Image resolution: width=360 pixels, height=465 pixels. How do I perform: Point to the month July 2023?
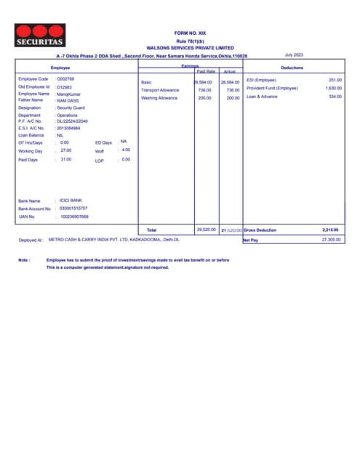pyautogui.click(x=294, y=54)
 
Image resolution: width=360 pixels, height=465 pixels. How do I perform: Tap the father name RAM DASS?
pyautogui.click(x=69, y=100)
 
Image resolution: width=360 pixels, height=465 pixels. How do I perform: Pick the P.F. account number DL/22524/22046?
pyautogui.click(x=73, y=121)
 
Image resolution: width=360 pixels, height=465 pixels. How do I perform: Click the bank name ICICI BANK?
pyautogui.click(x=72, y=200)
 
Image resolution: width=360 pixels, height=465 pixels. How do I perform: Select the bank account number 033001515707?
pyautogui.click(x=73, y=208)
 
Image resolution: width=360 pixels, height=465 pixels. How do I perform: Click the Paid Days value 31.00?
pyautogui.click(x=66, y=159)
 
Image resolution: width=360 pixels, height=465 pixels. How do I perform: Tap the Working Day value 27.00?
pyautogui.click(x=66, y=150)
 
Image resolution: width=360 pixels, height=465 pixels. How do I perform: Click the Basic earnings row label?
pyautogui.click(x=146, y=82)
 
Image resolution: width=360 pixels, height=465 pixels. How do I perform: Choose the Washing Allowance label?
pyautogui.click(x=159, y=97)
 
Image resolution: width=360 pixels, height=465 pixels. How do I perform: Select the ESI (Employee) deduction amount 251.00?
pyautogui.click(x=335, y=79)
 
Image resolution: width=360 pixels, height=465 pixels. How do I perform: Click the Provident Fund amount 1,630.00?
pyautogui.click(x=333, y=88)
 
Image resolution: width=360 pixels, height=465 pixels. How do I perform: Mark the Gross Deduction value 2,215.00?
pyautogui.click(x=330, y=230)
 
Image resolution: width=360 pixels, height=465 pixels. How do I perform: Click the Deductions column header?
pyautogui.click(x=292, y=67)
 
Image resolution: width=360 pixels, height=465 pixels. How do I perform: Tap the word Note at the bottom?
pyautogui.click(x=24, y=259)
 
